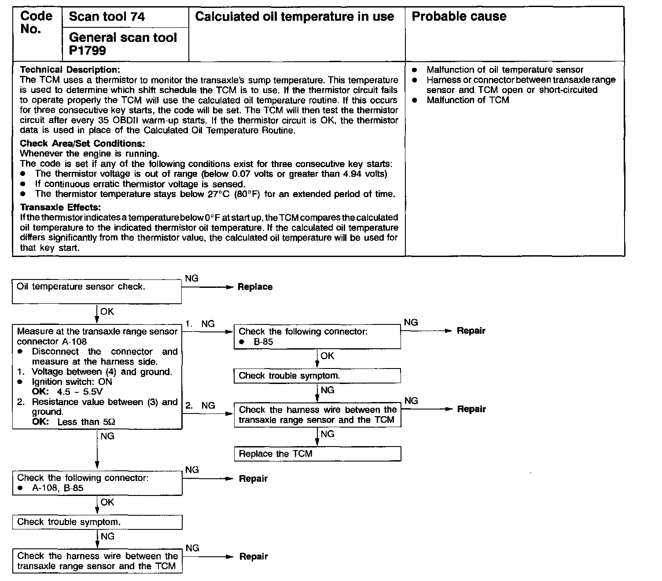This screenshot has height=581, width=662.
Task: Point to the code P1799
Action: [88, 51]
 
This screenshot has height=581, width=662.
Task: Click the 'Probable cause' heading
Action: [459, 17]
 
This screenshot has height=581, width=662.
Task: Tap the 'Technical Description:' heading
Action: [70, 70]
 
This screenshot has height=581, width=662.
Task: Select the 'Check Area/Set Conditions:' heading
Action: [82, 143]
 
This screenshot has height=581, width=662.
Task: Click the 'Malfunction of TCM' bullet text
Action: [467, 100]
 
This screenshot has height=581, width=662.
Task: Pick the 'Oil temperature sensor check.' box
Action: [96, 291]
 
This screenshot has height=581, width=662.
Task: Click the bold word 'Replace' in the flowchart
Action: [255, 287]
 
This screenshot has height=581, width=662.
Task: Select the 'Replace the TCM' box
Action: [317, 454]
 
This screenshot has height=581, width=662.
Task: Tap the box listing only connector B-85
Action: [317, 336]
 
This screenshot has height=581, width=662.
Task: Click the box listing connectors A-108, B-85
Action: [97, 483]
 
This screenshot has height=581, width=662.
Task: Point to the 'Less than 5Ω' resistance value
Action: [86, 422]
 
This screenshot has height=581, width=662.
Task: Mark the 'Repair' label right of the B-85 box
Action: [471, 331]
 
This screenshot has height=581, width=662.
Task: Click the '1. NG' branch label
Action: [200, 324]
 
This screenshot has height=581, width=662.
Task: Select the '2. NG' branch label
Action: [200, 406]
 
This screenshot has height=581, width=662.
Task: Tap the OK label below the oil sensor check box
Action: [107, 312]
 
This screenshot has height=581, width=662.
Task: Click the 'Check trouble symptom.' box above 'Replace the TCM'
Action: [317, 376]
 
